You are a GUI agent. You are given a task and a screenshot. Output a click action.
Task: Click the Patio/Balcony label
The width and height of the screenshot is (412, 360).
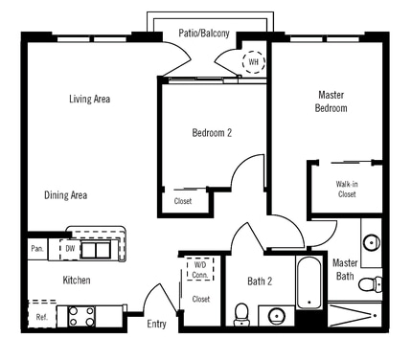pyautogui.click(x=203, y=34)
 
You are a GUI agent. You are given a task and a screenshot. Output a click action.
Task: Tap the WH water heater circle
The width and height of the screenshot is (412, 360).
pyautogui.click(x=254, y=62)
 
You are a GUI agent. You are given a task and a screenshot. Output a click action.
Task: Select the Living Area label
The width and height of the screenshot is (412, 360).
pyautogui.click(x=89, y=99)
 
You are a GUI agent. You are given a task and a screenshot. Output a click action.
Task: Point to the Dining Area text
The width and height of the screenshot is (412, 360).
pyautogui.click(x=66, y=195)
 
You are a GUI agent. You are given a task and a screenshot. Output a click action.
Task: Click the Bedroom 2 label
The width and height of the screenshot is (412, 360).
pyautogui.click(x=212, y=133)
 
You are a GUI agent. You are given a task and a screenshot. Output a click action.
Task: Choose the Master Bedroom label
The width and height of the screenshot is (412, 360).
pyautogui.click(x=331, y=101)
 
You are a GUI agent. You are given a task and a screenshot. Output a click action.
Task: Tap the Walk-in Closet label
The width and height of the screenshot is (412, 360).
pyautogui.click(x=346, y=189)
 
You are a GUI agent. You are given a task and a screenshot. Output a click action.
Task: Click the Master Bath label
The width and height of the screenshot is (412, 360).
pyautogui.click(x=345, y=269)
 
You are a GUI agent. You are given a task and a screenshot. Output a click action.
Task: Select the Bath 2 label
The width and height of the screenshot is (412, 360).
pyautogui.click(x=260, y=281)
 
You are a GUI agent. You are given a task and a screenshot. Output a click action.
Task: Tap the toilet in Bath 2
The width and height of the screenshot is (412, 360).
pyautogui.click(x=242, y=313)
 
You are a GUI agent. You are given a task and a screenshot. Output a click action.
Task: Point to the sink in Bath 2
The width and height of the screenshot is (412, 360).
pyautogui.click(x=278, y=314)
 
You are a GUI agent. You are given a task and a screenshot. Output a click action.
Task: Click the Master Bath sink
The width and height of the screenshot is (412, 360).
pyautogui.click(x=371, y=240)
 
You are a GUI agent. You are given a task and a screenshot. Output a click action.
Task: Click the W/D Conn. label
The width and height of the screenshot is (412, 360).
pyautogui.click(x=200, y=270)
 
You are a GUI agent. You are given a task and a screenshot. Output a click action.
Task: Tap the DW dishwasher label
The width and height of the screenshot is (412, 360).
pyautogui.click(x=70, y=249)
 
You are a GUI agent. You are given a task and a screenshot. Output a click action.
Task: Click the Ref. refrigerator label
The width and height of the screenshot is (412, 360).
pyautogui.click(x=42, y=317)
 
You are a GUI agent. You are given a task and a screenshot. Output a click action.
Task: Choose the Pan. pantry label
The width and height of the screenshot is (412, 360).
pyautogui.click(x=36, y=249)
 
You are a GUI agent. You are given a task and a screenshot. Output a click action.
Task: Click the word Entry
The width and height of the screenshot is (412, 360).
pyautogui.click(x=156, y=324)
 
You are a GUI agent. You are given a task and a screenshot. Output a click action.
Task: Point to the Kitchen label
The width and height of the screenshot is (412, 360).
pyautogui.click(x=77, y=281)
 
